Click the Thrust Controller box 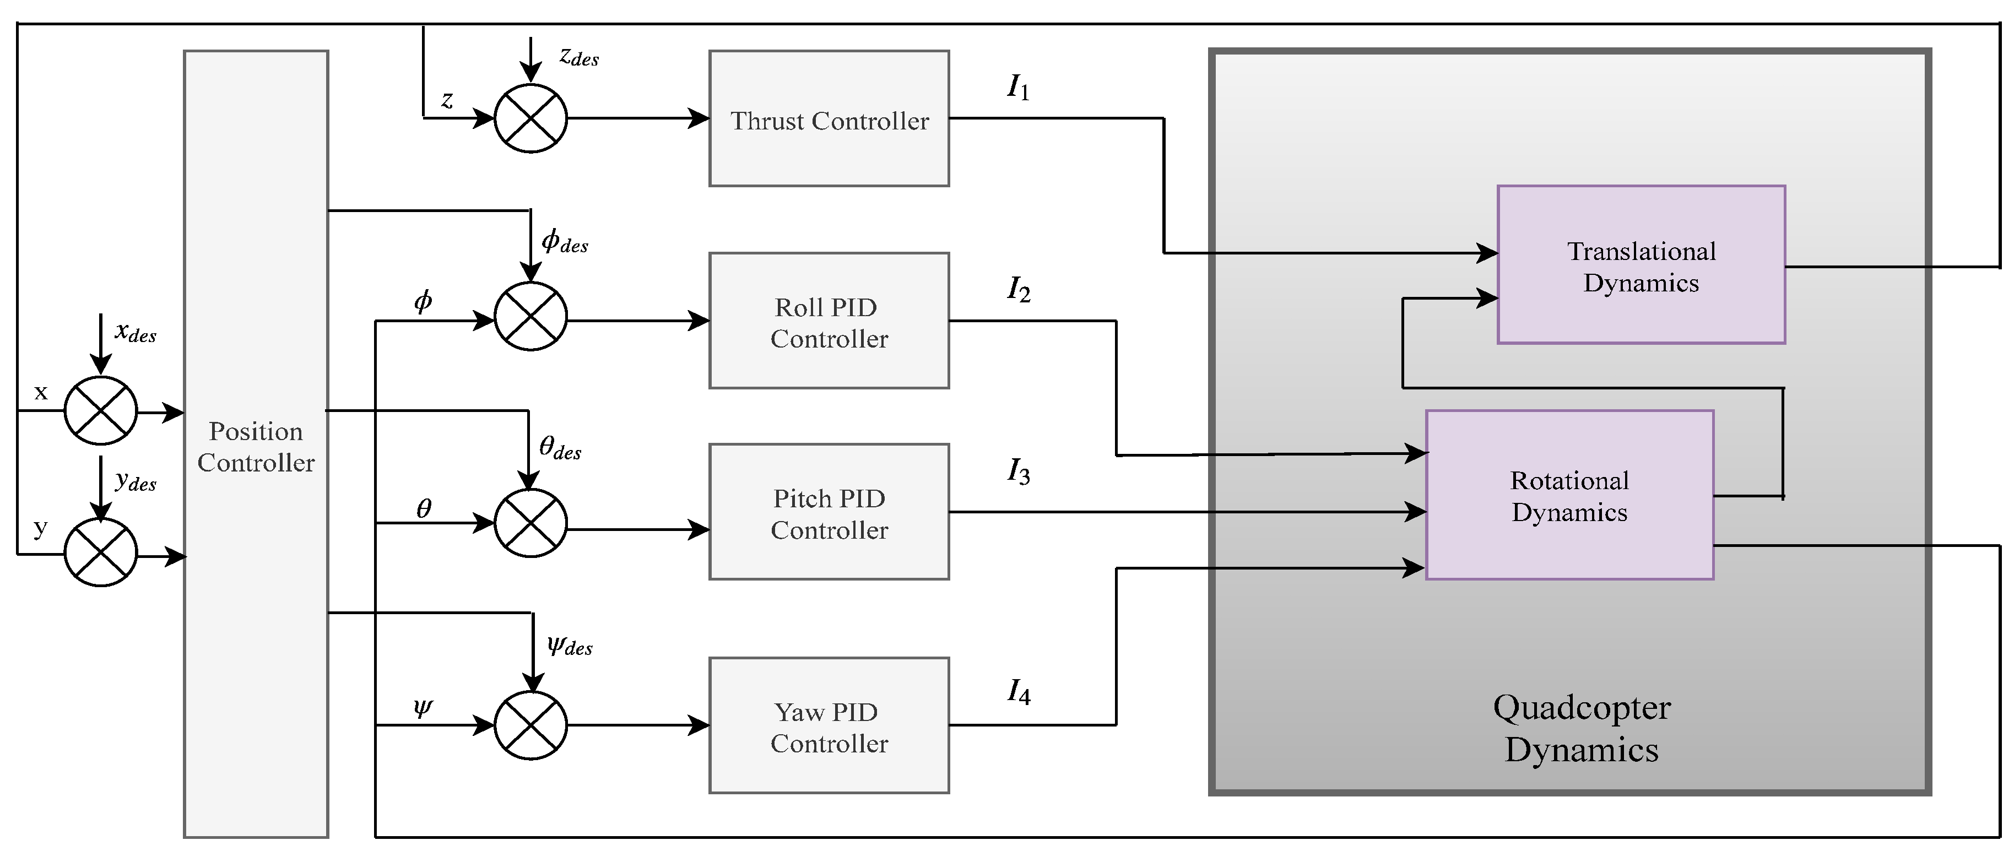click(829, 119)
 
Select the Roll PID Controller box click(829, 321)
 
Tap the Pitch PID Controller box click(829, 512)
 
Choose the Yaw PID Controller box click(829, 725)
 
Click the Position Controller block click(256, 444)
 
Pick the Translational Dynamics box click(1641, 265)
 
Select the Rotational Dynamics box click(1570, 495)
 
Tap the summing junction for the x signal click(101, 411)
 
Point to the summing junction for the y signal click(101, 552)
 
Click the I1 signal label click(1019, 86)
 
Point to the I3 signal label click(1019, 471)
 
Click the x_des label click(136, 332)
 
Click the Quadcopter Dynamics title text click(1582, 728)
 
